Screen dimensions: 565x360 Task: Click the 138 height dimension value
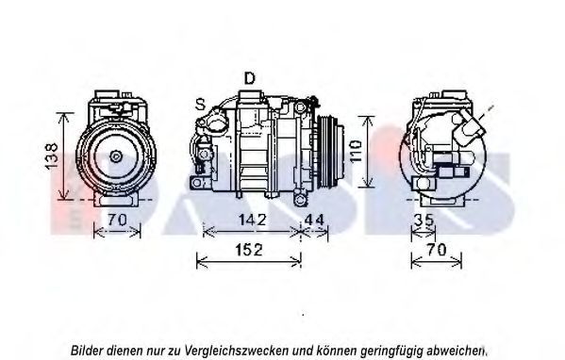point(52,155)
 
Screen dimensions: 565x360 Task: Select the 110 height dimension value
point(356,151)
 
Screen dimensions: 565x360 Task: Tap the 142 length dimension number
point(253,220)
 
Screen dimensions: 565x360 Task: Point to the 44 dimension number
point(314,220)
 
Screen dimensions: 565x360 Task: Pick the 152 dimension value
point(249,250)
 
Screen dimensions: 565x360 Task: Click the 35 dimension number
point(424,220)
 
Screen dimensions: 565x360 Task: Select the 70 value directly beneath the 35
point(437,249)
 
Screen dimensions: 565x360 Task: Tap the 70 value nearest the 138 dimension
point(118,220)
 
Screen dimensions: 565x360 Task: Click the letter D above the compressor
point(249,78)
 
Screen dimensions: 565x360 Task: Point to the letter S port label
point(200,105)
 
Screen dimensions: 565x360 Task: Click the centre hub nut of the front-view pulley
point(116,156)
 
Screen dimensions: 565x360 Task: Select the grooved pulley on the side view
point(328,151)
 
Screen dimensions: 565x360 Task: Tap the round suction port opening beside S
point(216,123)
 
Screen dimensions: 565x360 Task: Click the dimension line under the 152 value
point(249,262)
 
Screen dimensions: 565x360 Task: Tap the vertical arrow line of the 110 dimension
point(367,152)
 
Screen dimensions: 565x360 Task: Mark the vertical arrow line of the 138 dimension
point(64,155)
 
